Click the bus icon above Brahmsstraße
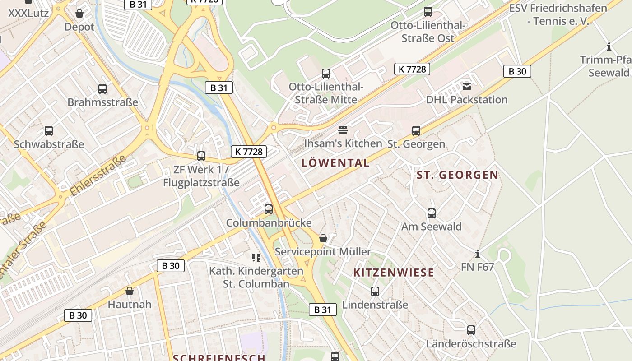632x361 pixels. (x=102, y=89)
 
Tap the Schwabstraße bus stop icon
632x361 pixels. (x=49, y=131)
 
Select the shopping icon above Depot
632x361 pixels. (x=79, y=14)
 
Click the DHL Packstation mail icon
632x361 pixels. (x=466, y=86)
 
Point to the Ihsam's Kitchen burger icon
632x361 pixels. (x=343, y=130)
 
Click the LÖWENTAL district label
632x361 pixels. (x=335, y=163)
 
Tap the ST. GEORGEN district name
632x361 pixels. (x=457, y=175)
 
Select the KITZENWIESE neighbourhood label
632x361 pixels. (x=394, y=272)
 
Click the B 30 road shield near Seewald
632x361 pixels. (x=517, y=71)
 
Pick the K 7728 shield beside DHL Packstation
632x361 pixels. (x=412, y=69)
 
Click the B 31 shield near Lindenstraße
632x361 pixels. (x=322, y=310)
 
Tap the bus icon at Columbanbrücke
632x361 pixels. (x=269, y=209)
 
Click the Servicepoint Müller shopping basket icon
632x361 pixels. (x=323, y=238)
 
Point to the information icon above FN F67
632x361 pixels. (x=478, y=254)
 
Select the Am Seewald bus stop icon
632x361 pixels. (x=432, y=213)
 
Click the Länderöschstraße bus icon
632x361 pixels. (x=471, y=330)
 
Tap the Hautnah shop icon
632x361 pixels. (x=130, y=291)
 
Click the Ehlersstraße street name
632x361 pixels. (x=98, y=176)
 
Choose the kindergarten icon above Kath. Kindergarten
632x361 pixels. (x=256, y=258)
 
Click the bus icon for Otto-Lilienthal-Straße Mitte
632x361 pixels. (x=326, y=73)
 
